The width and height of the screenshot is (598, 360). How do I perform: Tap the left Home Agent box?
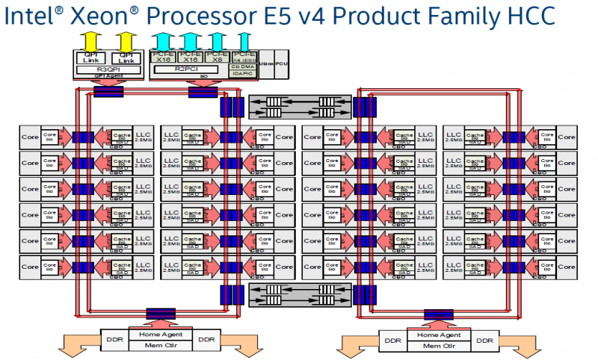pos(161,333)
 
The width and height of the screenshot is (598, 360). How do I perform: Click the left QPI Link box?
pos(90,57)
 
